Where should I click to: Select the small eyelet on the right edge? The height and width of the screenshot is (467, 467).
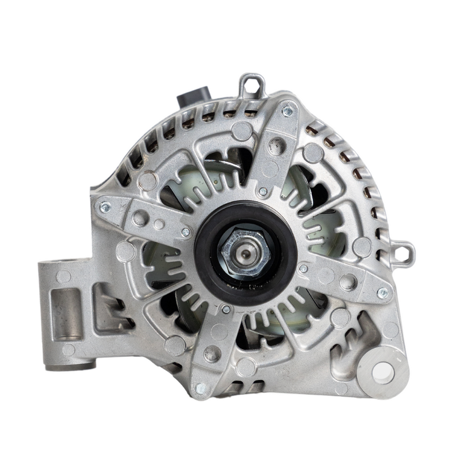[406, 252]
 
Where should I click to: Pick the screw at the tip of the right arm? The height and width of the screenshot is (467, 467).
[383, 293]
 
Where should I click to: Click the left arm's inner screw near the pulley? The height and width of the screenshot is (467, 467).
[185, 231]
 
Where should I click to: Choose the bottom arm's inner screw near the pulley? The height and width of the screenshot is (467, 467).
[226, 309]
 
